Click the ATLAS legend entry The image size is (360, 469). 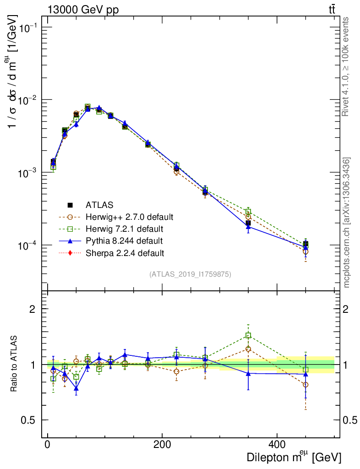(99, 205)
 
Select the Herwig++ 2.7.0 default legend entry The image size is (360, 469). (129, 217)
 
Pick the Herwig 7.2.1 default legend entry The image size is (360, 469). (124, 229)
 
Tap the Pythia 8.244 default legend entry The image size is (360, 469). (124, 240)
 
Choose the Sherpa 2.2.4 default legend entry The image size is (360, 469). (125, 252)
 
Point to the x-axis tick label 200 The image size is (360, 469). (162, 444)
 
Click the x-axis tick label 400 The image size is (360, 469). (277, 444)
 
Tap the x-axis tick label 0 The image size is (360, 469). (48, 444)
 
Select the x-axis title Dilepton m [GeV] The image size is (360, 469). (294, 457)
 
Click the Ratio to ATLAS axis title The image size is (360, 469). (15, 365)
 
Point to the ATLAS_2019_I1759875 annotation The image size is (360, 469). (190, 274)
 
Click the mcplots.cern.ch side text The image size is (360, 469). (347, 223)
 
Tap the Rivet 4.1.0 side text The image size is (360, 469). (347, 67)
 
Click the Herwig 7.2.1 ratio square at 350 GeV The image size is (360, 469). (248, 336)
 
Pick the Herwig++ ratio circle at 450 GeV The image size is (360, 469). (305, 385)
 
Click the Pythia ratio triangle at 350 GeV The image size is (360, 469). (248, 373)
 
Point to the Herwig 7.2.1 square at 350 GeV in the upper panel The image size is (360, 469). (248, 212)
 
